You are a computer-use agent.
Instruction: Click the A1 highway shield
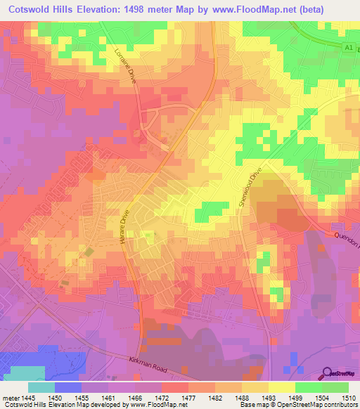point(347,47)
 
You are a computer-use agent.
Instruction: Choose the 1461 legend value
point(108,398)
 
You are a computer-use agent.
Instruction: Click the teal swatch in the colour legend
point(41,387)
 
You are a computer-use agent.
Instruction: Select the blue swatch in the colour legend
point(68,387)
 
